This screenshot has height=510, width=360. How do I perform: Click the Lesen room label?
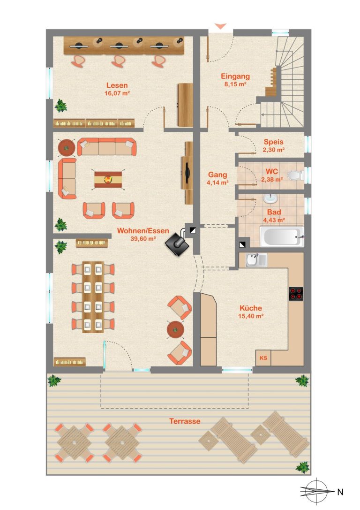117,85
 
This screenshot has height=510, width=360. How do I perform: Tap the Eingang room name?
235,76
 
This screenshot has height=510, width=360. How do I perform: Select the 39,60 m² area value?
143,239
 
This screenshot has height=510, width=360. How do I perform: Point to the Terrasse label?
185,421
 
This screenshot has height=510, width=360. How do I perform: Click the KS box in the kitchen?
263,358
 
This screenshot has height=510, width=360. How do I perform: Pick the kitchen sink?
256,260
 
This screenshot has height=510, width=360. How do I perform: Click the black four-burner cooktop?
296,294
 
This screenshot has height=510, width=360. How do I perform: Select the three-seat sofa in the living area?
106,147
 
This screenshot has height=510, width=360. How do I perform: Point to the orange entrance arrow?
220,26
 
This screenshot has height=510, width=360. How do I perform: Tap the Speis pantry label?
274,142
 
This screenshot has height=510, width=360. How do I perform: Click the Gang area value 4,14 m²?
217,183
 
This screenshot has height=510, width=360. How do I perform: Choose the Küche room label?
250,308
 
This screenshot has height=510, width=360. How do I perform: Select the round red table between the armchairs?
175,329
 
